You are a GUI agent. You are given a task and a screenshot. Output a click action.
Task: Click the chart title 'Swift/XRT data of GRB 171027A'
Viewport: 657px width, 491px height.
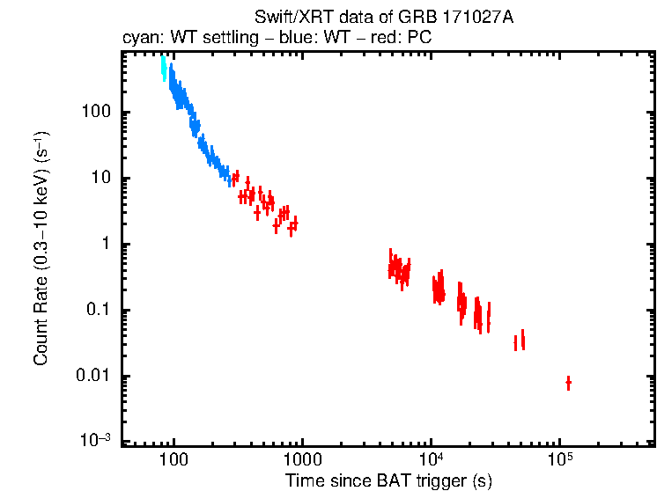coord(383,18)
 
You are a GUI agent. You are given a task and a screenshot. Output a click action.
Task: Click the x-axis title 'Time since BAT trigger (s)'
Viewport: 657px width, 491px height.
coord(388,480)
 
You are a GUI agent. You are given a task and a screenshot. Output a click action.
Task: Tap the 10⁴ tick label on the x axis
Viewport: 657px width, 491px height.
coord(431,458)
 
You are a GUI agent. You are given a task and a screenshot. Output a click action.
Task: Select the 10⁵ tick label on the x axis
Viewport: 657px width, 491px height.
coord(559,458)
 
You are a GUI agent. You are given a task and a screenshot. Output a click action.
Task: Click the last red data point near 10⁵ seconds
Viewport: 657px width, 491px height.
coord(568,383)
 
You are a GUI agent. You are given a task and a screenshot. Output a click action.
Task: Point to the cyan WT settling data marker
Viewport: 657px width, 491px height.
coord(164,69)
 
